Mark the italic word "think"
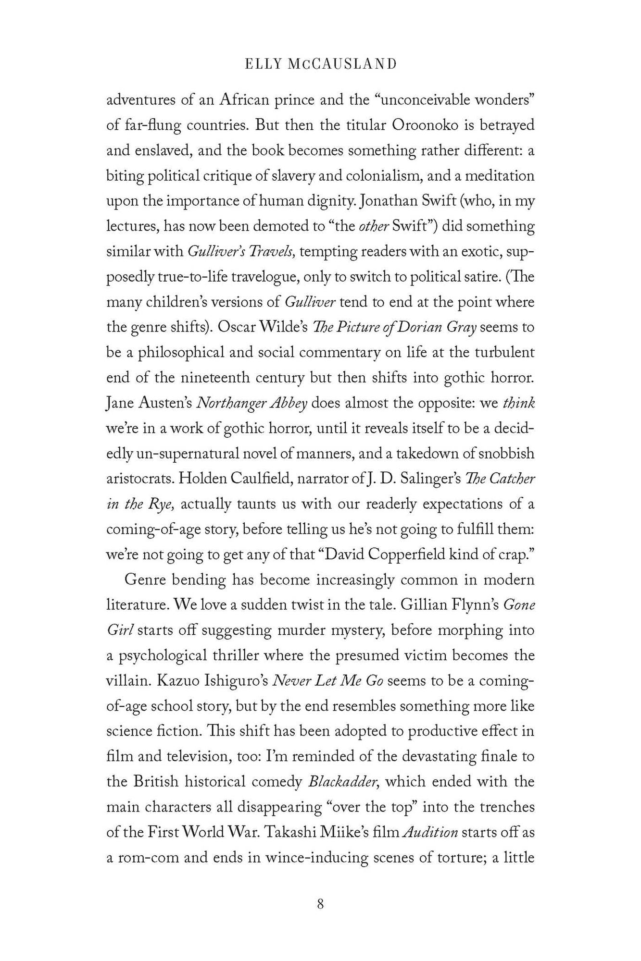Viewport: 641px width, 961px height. click(x=518, y=403)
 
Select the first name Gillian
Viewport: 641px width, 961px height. click(x=422, y=604)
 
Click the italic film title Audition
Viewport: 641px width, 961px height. click(x=429, y=832)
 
